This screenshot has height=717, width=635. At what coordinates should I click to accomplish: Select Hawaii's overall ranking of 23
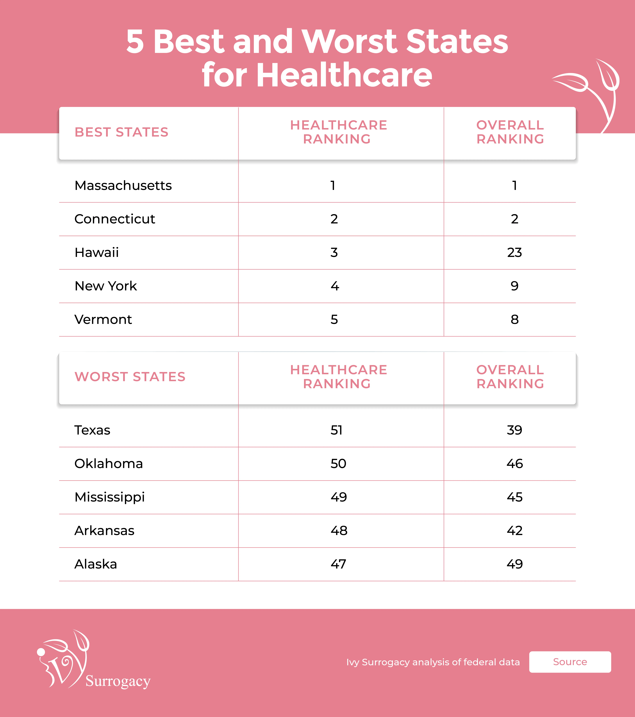click(x=514, y=252)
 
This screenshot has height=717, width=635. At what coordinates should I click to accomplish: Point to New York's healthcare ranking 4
click(x=335, y=286)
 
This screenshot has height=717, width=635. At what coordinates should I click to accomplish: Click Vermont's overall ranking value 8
click(x=514, y=319)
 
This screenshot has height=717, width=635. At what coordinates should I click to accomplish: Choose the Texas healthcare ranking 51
click(x=336, y=430)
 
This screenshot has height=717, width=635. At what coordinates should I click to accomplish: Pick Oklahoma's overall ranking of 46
click(x=514, y=463)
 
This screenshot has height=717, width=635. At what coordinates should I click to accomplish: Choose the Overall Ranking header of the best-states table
click(x=510, y=132)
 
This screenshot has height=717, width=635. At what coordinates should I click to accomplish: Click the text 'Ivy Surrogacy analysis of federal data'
click(x=433, y=662)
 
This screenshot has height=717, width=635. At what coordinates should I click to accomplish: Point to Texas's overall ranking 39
click(x=514, y=430)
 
